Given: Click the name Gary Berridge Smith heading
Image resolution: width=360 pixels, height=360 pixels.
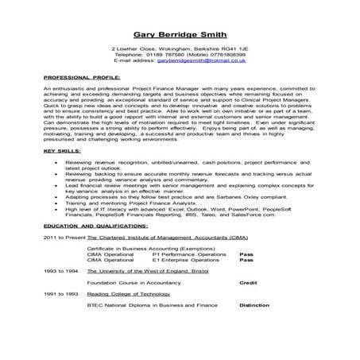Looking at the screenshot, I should [x=180, y=34].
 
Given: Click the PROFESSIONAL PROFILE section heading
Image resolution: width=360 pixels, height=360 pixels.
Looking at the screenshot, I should [x=75, y=77].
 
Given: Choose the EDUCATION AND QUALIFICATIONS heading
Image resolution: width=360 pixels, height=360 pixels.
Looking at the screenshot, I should [x=95, y=226].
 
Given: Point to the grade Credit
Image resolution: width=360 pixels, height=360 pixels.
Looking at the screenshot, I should [x=248, y=281].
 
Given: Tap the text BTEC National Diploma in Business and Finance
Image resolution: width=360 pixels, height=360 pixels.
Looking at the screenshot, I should [x=143, y=304].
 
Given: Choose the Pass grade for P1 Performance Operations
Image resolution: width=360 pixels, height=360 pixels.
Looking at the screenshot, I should [x=246, y=254].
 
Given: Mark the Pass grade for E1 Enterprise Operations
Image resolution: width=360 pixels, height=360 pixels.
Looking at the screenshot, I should [x=246, y=259].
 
